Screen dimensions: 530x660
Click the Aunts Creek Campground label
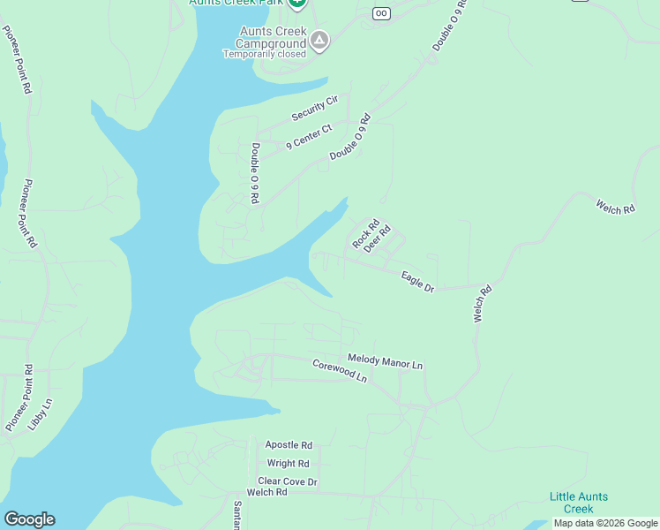coord(273,37)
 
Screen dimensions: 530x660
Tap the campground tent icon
coord(319,41)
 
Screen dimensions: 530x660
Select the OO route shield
coord(381,13)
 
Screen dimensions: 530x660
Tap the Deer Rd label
coord(377,238)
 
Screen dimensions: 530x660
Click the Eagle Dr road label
coord(417,282)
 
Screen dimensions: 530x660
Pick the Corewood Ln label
coord(339,369)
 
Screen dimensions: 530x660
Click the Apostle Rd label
coord(289,445)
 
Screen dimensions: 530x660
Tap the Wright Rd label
coord(288,464)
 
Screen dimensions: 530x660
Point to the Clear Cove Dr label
coord(287,481)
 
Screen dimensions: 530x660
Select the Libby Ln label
coord(41,413)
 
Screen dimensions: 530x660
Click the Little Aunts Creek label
coord(578,503)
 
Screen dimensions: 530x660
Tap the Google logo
coord(29,519)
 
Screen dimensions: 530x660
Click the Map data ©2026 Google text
coord(605,523)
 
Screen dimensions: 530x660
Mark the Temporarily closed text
coord(265,54)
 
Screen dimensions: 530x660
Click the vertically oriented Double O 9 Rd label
coord(254,174)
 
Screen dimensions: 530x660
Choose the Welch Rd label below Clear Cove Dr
coord(267,492)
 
